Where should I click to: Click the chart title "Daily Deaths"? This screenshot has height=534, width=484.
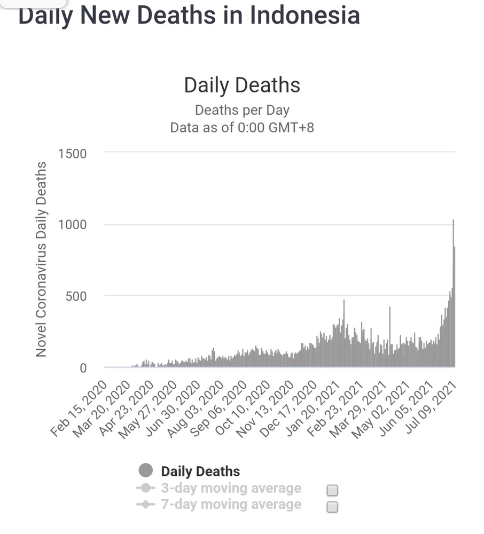click(x=242, y=85)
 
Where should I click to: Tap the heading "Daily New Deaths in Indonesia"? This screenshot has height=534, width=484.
click(x=189, y=14)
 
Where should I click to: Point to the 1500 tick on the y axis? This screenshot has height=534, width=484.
click(x=72, y=154)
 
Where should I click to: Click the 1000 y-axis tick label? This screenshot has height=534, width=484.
click(x=72, y=225)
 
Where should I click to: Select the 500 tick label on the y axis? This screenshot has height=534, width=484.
click(x=75, y=296)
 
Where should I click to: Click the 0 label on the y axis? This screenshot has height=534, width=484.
click(x=82, y=367)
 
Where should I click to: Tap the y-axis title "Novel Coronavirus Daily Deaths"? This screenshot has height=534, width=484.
click(x=42, y=260)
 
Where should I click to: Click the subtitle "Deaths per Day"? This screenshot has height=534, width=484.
click(x=242, y=111)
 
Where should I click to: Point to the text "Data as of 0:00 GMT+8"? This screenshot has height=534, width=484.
click(x=242, y=128)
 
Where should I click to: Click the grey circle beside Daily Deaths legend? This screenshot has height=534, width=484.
click(x=146, y=471)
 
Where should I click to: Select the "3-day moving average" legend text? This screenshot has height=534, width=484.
click(x=231, y=488)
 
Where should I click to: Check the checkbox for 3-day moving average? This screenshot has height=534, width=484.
click(x=332, y=490)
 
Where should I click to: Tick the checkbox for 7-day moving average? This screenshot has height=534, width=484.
click(x=332, y=507)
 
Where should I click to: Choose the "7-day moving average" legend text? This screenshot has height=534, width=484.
click(x=231, y=505)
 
